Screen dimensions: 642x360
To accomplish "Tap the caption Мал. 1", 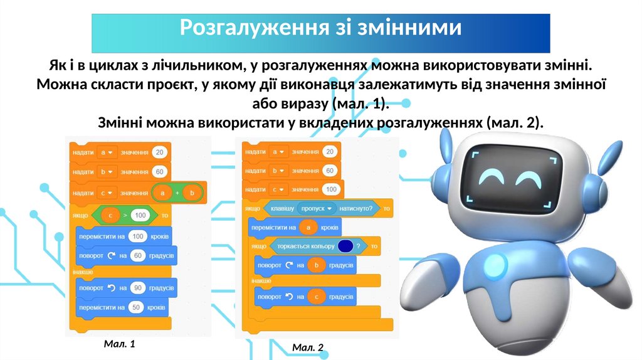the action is click(x=119, y=344).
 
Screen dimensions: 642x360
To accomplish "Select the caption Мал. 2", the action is click(x=308, y=347).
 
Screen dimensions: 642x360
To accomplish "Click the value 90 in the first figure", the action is click(x=139, y=288).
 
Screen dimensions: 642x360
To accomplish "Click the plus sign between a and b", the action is click(x=177, y=193).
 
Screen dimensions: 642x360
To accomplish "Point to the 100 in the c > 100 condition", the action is click(x=140, y=215).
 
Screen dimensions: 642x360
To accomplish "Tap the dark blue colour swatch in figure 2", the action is click(x=344, y=246).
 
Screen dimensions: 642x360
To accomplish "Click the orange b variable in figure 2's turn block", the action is click(x=316, y=266).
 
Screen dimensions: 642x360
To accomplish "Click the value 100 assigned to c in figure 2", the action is click(x=330, y=189).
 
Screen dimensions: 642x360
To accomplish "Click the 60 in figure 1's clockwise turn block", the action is click(x=139, y=256).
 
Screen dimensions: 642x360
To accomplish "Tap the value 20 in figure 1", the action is click(x=160, y=152).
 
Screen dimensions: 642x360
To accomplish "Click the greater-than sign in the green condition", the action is click(x=125, y=215).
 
